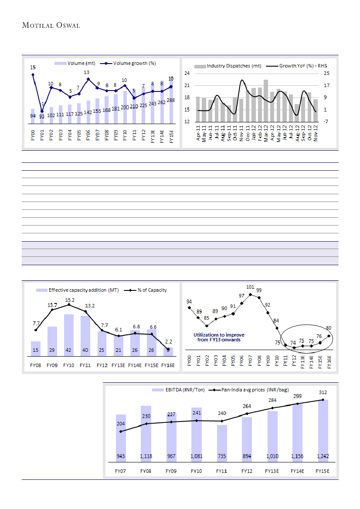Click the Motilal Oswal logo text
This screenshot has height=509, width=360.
click(x=51, y=25)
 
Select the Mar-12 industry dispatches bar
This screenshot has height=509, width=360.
click(x=265, y=101)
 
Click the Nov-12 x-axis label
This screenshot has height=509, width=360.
click(x=316, y=132)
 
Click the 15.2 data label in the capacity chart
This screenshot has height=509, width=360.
click(x=69, y=300)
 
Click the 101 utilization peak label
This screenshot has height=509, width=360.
click(x=250, y=287)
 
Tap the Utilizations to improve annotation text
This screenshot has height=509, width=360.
click(x=219, y=337)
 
